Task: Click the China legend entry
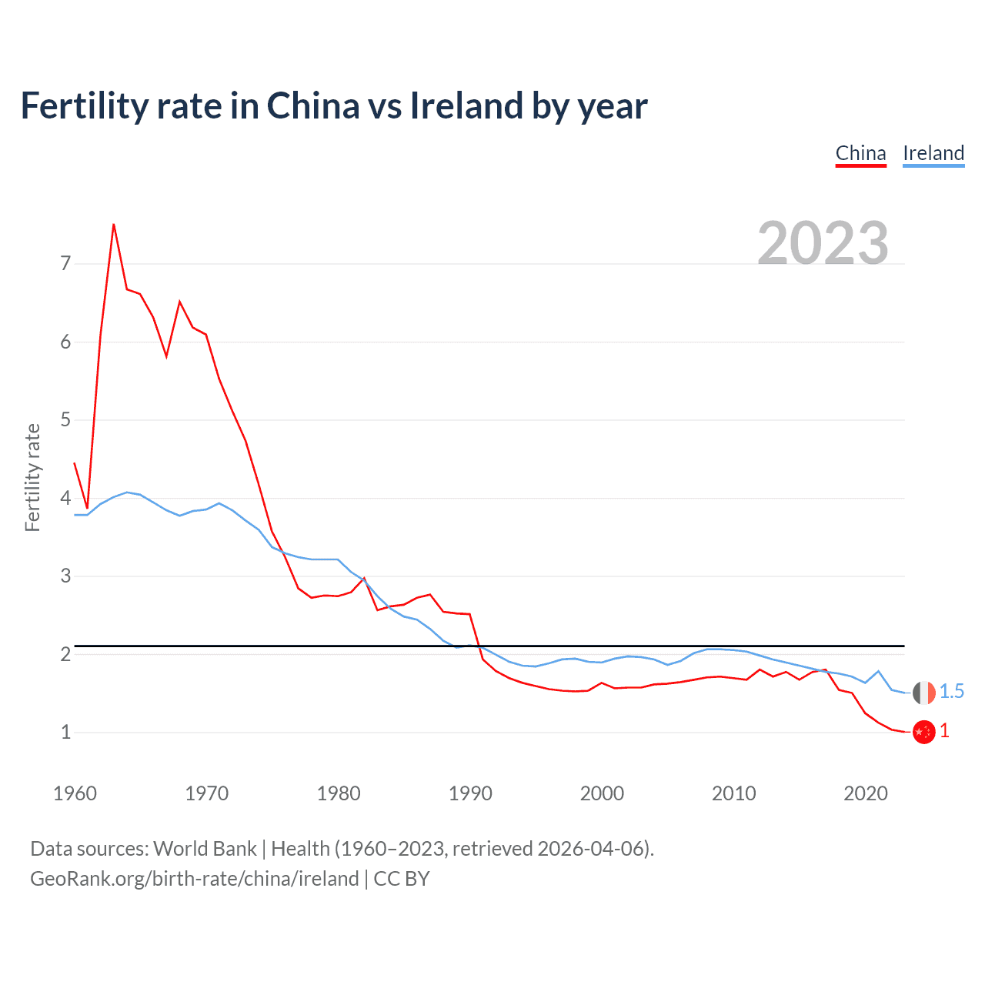[860, 153]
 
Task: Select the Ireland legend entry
[933, 153]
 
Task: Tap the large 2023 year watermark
[823, 243]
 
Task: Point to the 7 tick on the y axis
[65, 264]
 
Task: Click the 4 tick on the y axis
[65, 498]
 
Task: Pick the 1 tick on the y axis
[65, 732]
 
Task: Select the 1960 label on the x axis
[75, 793]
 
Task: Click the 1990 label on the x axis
[470, 793]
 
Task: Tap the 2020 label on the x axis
[866, 793]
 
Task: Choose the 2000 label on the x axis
[602, 793]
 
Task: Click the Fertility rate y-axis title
[32, 477]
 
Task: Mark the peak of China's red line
[114, 225]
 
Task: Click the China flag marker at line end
[923, 732]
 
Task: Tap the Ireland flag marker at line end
[923, 693]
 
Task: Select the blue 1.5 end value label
[952, 692]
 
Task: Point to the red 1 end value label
[944, 731]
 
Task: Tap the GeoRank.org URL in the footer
[194, 879]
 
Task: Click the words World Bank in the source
[205, 849]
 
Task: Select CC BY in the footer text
[402, 879]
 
